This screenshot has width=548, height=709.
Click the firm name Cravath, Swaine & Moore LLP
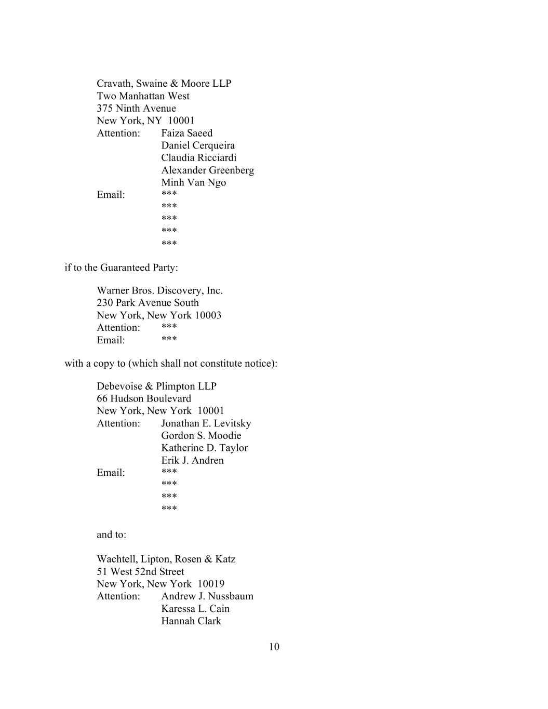pos(164,84)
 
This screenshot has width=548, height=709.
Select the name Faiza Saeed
pos(186,133)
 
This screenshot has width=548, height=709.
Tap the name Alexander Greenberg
pos(207,170)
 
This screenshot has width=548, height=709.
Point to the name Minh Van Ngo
pos(193,182)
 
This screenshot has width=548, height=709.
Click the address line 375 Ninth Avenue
pos(136,109)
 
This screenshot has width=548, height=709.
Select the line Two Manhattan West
pos(143,96)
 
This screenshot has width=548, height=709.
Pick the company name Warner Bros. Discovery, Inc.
pos(159,290)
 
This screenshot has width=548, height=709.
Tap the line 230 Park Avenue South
pos(148,303)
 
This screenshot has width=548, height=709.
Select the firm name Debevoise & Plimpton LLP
pos(156,386)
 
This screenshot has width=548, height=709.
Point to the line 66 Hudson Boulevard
pos(144,398)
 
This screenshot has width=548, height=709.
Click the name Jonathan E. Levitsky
pos(206,423)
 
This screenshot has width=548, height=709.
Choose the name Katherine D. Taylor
pos(204,448)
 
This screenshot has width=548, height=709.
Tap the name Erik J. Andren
pos(192,460)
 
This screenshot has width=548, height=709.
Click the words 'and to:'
pos(111,534)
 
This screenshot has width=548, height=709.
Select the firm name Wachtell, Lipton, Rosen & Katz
pos(166,559)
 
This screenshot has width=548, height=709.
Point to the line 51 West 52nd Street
pos(140,571)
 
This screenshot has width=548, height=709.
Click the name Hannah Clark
pos(191,621)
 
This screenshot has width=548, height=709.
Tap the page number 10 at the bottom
pos(274,647)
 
